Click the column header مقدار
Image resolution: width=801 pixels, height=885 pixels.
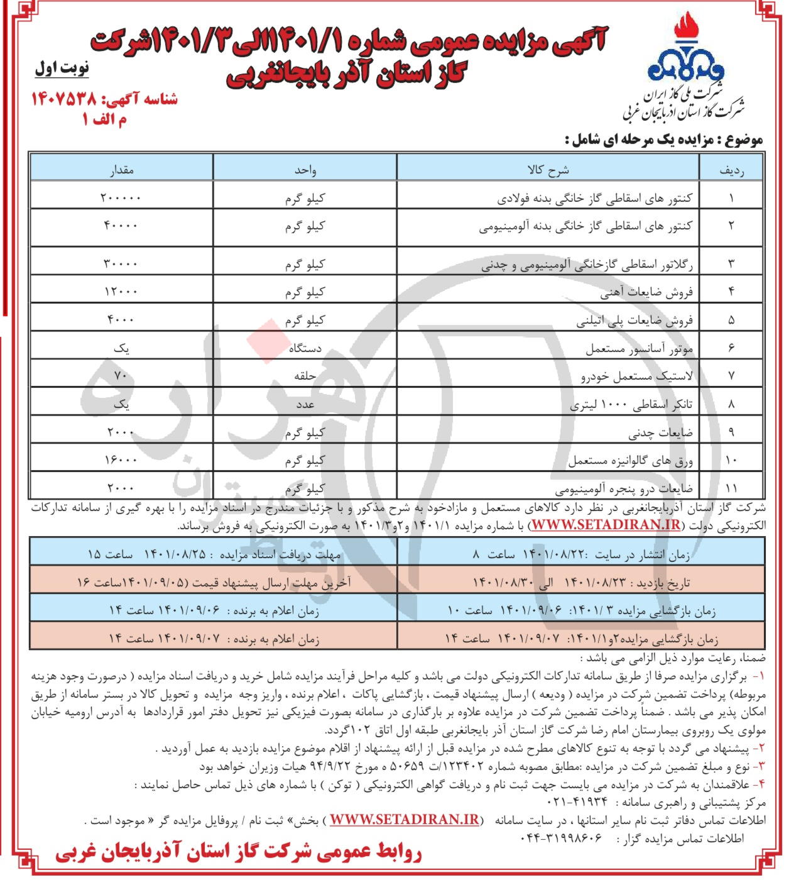pos(122,170)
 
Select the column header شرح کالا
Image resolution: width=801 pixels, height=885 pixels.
pos(548,170)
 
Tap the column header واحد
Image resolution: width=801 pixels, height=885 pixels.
pos(305,170)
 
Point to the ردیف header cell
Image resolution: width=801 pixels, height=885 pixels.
pos(731,170)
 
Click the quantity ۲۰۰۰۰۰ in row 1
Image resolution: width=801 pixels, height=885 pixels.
pos(121,198)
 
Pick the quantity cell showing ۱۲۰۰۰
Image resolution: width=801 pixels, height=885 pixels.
pos(121,292)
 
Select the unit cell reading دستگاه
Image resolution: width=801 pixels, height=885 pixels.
pos(305,348)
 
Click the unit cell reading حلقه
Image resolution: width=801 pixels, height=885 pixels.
pos(305,376)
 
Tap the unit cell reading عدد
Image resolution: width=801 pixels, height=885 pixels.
pos(305,404)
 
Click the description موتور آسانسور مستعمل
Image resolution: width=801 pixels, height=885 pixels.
pos(639,348)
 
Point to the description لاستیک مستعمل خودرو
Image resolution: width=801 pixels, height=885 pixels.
pos(636,377)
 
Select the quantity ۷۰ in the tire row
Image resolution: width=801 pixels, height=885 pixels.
pos(121,376)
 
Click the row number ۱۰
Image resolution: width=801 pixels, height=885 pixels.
pos(731,461)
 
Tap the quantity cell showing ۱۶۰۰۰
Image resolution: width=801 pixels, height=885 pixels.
pos(121,460)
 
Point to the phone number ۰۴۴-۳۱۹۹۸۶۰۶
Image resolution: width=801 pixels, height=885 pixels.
pos(561,838)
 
